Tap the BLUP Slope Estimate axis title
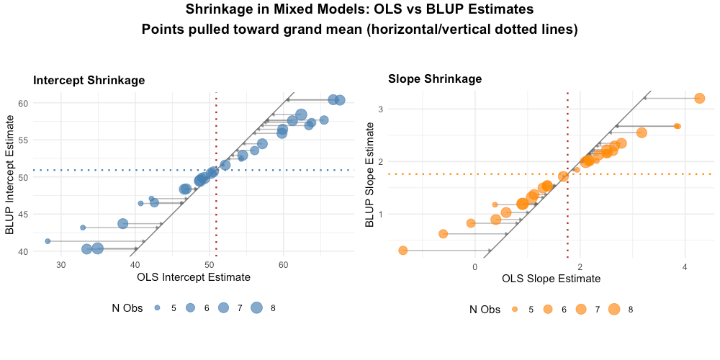[369, 175]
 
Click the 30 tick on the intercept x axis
[61, 265]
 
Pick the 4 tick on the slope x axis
[685, 265]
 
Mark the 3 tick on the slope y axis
[377, 109]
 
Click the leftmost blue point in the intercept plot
[48, 241]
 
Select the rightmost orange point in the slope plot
[699, 98]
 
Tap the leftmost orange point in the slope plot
[403, 251]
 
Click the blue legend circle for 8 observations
[256, 308]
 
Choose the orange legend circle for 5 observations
[515, 309]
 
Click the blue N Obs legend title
[130, 308]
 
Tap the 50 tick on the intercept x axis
[210, 265]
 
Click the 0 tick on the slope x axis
[475, 265]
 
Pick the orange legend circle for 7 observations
[581, 309]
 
